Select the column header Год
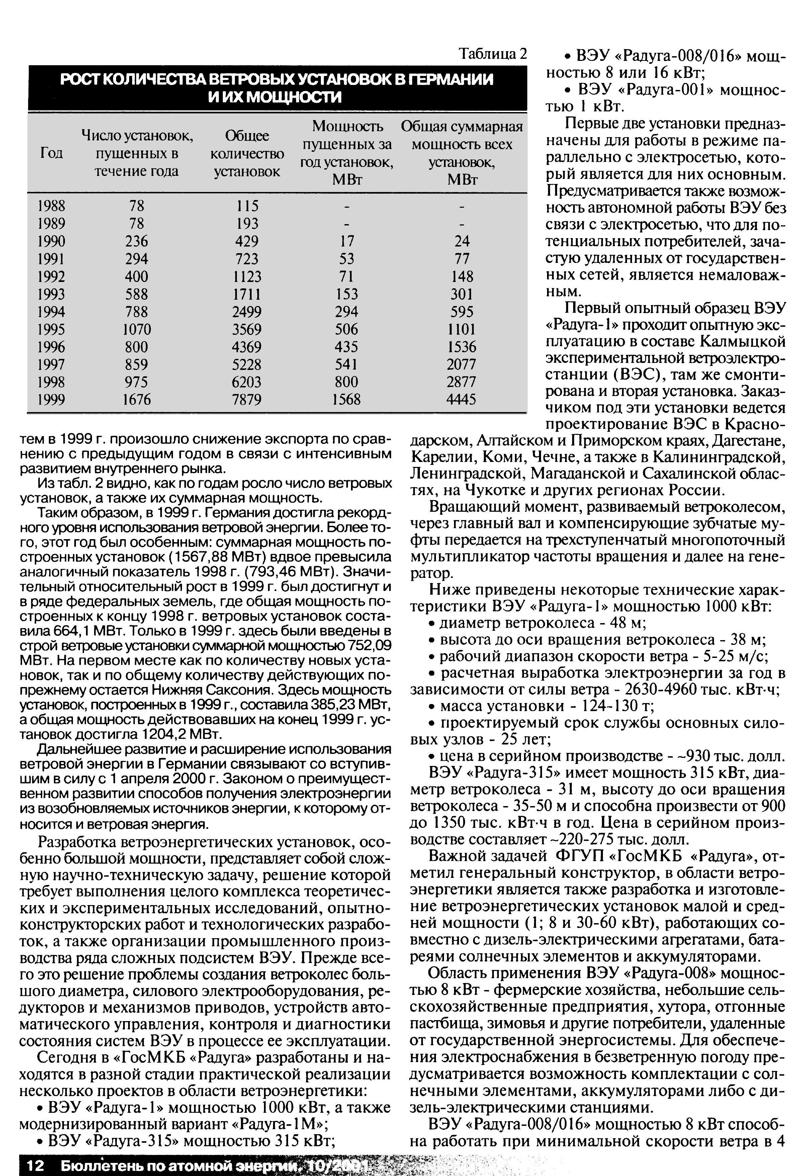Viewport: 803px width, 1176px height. pos(51,153)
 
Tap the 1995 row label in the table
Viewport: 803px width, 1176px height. pos(51,329)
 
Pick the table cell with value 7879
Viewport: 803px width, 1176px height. pos(247,400)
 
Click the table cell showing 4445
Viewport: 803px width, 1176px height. pos(461,400)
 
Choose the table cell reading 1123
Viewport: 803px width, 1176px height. pos(247,276)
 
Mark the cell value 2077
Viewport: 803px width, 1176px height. pos(461,364)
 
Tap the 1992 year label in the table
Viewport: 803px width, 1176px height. pos(51,276)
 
